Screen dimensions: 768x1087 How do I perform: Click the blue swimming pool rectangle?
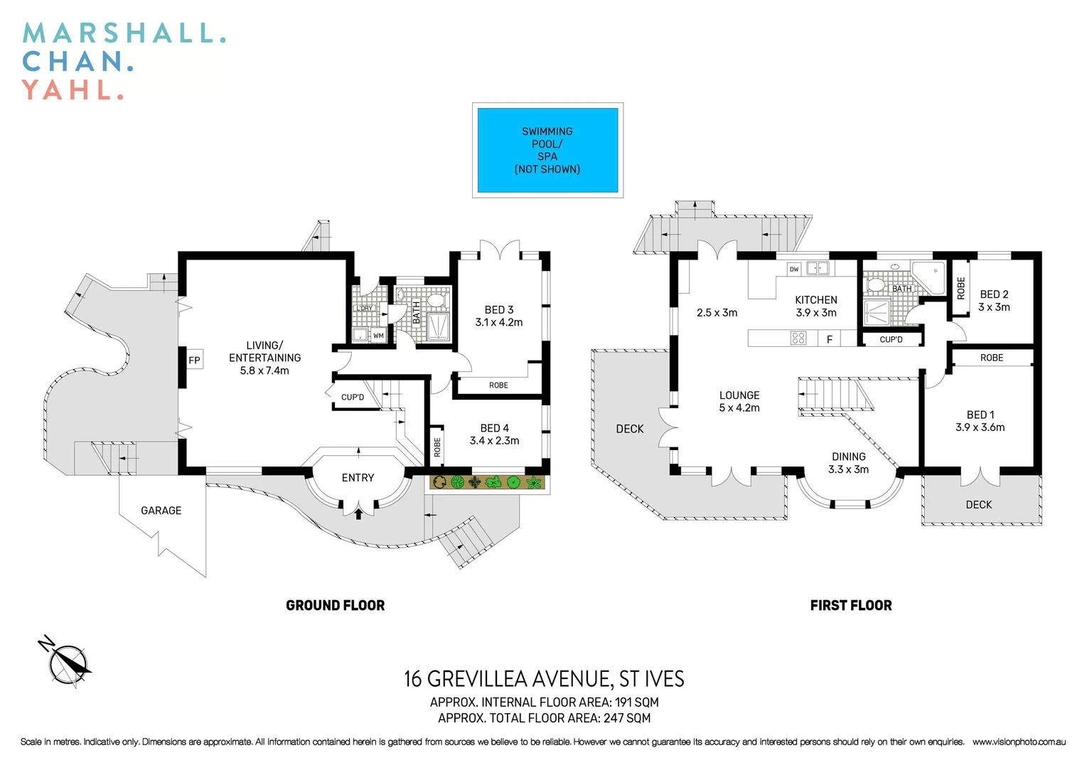tap(547, 150)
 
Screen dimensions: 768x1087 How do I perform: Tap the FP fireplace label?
tap(194, 361)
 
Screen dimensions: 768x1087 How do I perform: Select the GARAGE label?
tap(161, 511)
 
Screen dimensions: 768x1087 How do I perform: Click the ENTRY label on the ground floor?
tap(358, 478)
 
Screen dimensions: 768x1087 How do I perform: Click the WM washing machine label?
tap(378, 336)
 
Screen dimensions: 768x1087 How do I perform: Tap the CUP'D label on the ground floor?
tap(353, 398)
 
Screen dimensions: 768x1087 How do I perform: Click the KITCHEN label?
tap(815, 300)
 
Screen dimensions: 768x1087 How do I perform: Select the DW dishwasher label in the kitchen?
tap(794, 269)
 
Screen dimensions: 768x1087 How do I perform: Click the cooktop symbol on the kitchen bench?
tap(798, 338)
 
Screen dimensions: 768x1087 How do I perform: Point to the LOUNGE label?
tap(739, 395)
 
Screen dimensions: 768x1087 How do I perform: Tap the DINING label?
tap(848, 457)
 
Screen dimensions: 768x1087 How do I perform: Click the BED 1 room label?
tap(980, 415)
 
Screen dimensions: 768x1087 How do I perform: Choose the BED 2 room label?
tap(994, 294)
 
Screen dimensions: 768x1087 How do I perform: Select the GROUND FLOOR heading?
tap(335, 606)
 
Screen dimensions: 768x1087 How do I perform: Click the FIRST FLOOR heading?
tap(850, 606)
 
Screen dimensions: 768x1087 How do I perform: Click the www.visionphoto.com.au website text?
tap(1018, 742)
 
